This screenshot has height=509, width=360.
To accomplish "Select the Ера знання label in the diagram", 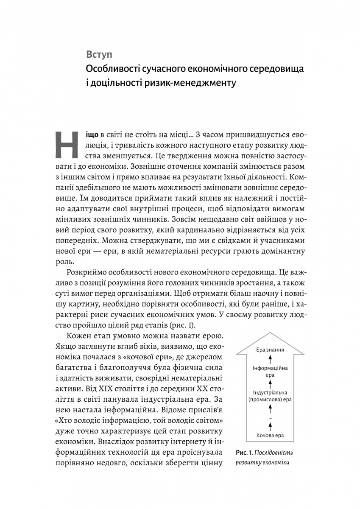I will click(270, 350).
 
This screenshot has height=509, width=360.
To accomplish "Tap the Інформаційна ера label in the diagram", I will click(270, 372).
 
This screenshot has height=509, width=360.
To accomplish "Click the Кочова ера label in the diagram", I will click(270, 435).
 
